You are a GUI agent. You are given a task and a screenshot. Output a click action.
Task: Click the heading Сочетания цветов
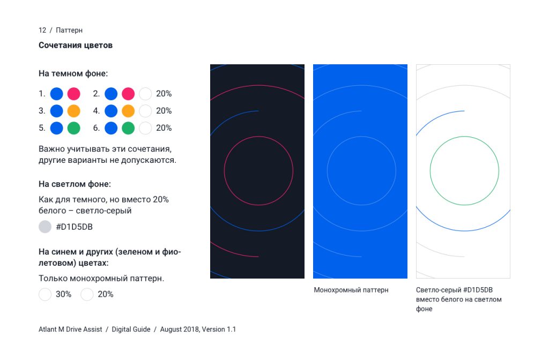(75, 45)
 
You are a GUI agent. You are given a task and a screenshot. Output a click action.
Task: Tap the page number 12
(42, 30)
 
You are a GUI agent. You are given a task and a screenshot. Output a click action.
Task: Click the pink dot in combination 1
(74, 94)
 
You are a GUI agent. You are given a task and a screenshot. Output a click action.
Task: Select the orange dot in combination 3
(74, 111)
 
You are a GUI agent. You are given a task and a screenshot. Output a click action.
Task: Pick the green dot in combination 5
(74, 128)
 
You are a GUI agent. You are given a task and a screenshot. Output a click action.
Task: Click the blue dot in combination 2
(111, 94)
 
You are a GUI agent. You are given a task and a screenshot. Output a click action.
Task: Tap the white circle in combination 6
(145, 128)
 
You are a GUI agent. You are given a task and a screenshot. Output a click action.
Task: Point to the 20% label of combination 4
(164, 111)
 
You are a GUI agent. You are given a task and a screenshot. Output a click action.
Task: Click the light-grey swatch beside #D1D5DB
(45, 227)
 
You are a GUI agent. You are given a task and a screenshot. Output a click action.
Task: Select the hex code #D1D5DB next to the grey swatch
(74, 227)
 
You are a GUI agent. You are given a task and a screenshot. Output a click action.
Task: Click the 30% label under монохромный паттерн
(63, 294)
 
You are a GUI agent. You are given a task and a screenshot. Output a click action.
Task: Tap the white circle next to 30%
(45, 294)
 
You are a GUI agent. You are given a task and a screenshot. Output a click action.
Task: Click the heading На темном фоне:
(73, 73)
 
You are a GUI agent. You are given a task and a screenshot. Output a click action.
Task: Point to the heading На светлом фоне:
(75, 184)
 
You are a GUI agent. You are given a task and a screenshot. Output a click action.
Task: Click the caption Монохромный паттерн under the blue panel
(351, 290)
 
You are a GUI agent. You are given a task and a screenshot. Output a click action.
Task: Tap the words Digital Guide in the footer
(131, 329)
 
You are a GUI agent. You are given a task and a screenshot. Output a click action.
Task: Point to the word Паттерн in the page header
(69, 30)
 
